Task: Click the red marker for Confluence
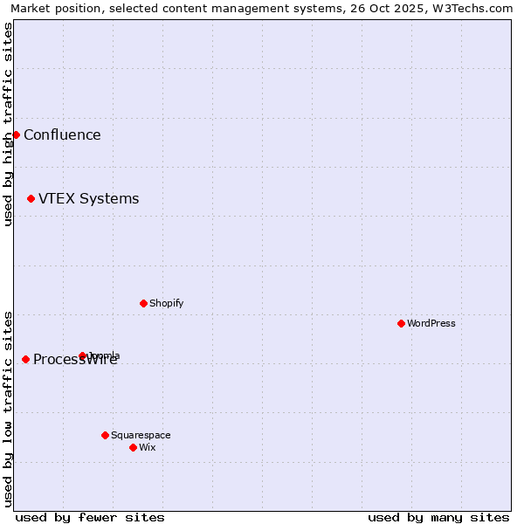[16, 134]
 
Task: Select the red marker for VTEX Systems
[31, 199]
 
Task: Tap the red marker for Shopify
[143, 303]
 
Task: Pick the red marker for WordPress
[401, 323]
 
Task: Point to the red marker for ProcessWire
[25, 359]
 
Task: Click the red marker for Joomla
[83, 355]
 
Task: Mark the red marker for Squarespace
[105, 435]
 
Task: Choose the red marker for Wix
[133, 447]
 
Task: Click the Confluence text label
[62, 134]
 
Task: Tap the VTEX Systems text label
[88, 199]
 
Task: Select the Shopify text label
[166, 303]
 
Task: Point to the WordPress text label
[431, 323]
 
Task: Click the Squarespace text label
[141, 435]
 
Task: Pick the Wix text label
[147, 447]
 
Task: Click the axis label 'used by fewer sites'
[90, 517]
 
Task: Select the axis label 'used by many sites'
[438, 517]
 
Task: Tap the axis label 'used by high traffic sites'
[8, 125]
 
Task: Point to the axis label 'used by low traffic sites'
[8, 408]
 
